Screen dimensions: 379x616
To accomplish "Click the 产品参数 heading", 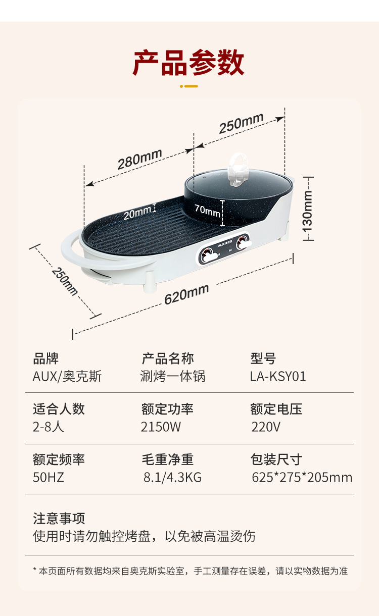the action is (x=189, y=63).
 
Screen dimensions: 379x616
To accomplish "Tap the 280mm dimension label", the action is (x=139, y=159).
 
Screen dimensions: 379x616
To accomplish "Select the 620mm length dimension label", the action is (x=186, y=294).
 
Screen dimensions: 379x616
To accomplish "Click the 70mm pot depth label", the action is (x=207, y=210).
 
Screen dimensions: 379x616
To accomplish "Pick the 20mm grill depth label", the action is (x=137, y=213).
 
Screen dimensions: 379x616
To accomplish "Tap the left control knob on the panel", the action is (x=208, y=256).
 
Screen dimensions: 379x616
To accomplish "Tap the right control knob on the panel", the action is (x=243, y=241).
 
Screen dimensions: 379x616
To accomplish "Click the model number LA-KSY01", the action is (x=278, y=377).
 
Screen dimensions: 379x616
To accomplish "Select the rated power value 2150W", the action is (x=161, y=427).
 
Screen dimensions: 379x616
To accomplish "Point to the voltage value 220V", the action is (x=266, y=427).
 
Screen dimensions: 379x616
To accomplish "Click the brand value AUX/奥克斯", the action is (x=67, y=376).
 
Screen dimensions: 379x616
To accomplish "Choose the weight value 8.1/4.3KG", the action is (x=173, y=478).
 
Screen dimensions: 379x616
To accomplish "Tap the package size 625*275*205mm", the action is (x=302, y=478).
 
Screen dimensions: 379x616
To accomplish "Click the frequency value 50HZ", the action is (x=49, y=478).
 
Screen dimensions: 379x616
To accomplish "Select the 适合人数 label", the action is (x=59, y=409).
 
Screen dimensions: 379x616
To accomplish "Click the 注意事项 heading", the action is (x=59, y=519).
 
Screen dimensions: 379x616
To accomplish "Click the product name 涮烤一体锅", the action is (x=173, y=376).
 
